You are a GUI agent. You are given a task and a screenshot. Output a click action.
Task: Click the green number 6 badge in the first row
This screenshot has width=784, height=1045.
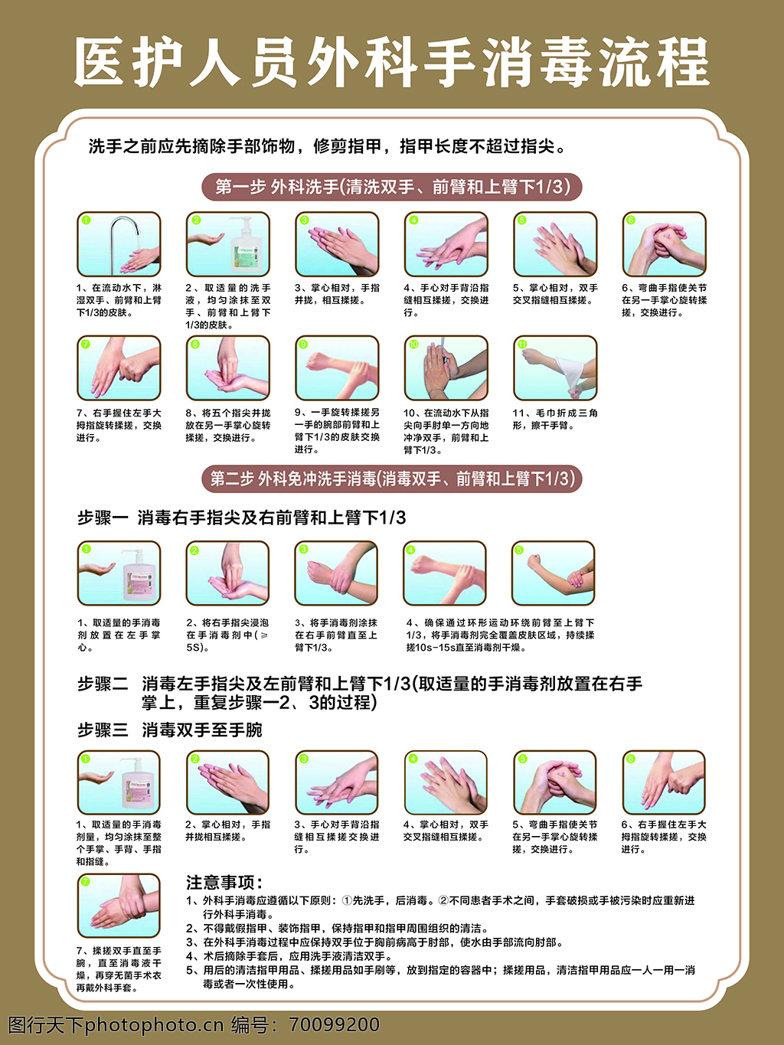pyautogui.click(x=631, y=220)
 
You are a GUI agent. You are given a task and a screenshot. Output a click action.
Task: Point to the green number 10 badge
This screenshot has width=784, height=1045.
pyautogui.click(x=413, y=345)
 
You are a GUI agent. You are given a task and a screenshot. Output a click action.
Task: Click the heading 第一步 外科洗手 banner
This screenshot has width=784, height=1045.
pyautogui.click(x=392, y=187)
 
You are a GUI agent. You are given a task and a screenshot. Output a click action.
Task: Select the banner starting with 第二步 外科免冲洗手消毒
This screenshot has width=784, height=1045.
pyautogui.click(x=392, y=478)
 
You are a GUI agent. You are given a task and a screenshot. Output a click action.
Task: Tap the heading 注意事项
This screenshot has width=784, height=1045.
pyautogui.click(x=224, y=882)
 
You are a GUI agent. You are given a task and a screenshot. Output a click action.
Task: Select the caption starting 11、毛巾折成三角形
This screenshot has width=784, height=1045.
pyautogui.click(x=555, y=419)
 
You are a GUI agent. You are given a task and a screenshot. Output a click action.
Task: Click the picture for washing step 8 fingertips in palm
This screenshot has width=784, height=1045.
pyautogui.click(x=227, y=368)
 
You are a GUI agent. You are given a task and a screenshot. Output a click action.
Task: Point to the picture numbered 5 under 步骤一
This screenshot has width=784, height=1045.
pyautogui.click(x=553, y=573)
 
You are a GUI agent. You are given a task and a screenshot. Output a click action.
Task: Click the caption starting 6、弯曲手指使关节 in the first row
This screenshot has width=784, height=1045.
pyautogui.click(x=664, y=300)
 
